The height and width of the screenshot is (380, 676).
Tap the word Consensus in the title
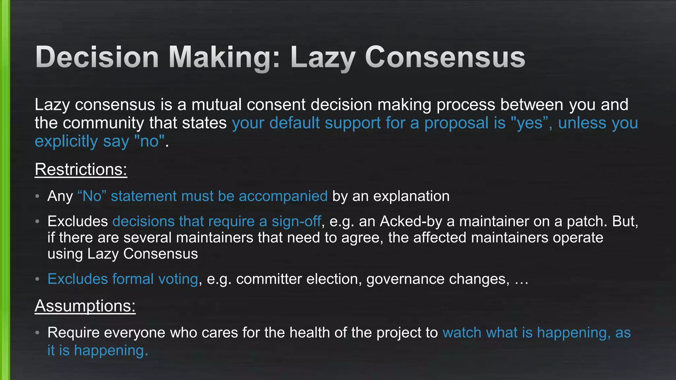(445, 57)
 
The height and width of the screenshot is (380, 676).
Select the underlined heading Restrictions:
(81, 170)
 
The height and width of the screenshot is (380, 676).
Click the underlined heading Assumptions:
(85, 306)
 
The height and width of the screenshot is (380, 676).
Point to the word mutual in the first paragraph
(217, 105)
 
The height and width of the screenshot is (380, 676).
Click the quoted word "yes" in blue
(529, 123)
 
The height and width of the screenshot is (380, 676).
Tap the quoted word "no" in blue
(150, 142)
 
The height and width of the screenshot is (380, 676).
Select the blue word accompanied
(283, 196)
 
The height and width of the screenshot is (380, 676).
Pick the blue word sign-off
(296, 221)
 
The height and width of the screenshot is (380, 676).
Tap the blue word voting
(178, 279)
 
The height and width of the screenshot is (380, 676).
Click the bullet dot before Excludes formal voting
(38, 279)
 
